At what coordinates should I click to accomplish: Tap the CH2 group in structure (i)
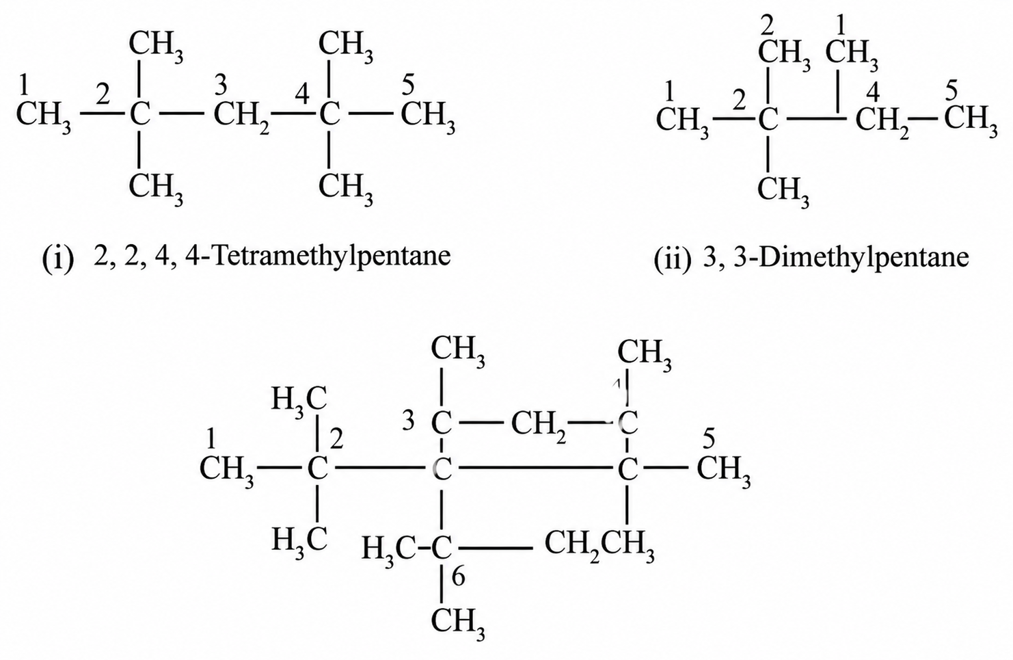click(x=242, y=117)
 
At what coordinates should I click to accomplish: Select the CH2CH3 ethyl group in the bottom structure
click(x=599, y=546)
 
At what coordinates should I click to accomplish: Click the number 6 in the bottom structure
click(x=458, y=578)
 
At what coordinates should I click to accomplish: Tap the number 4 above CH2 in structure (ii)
click(x=874, y=93)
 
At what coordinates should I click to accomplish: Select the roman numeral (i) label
click(x=57, y=259)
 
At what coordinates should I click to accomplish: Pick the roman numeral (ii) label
click(x=672, y=260)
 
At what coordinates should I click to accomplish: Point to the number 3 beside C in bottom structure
click(x=408, y=421)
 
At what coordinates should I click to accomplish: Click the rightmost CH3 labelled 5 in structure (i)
click(x=428, y=117)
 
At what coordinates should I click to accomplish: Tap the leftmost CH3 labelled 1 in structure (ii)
click(x=682, y=121)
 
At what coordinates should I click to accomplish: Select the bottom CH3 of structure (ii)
click(x=783, y=191)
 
